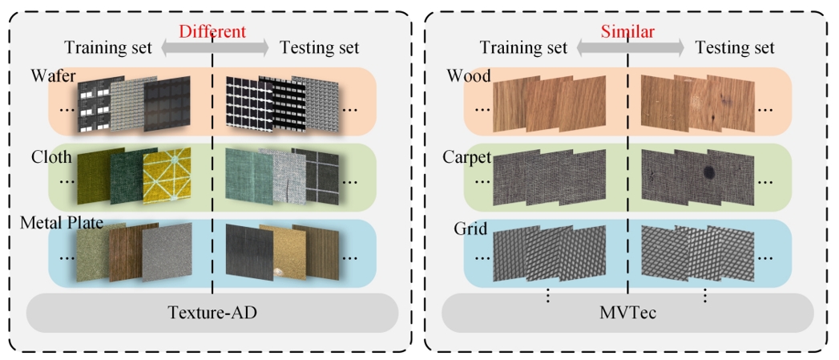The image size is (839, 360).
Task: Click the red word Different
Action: (x=212, y=31)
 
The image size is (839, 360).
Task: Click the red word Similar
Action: (x=628, y=31)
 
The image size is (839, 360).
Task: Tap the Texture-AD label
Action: (x=212, y=313)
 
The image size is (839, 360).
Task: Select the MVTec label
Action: (x=628, y=313)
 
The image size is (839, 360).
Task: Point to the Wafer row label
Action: (x=54, y=76)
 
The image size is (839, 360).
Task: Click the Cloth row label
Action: (x=51, y=157)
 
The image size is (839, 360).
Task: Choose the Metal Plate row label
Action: (x=62, y=223)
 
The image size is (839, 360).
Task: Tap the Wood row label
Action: (x=469, y=76)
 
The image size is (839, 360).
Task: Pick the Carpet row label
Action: (x=469, y=157)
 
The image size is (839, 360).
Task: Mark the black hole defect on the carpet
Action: (x=710, y=172)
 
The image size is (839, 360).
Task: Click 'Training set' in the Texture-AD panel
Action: (x=107, y=47)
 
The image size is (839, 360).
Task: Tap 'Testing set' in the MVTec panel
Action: (x=735, y=47)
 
